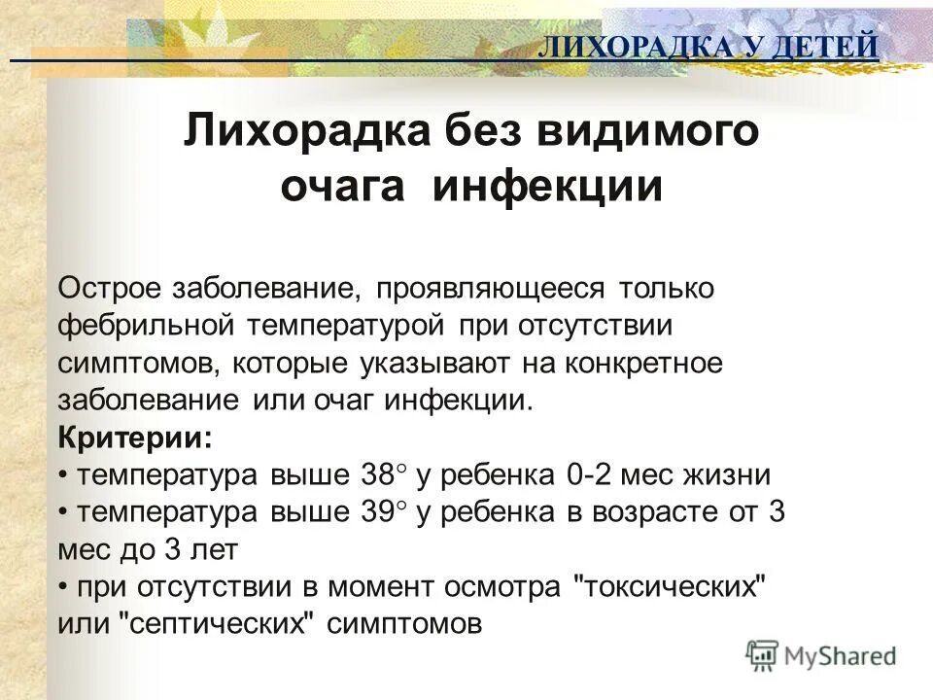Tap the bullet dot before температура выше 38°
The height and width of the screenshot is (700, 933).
coord(63,475)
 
